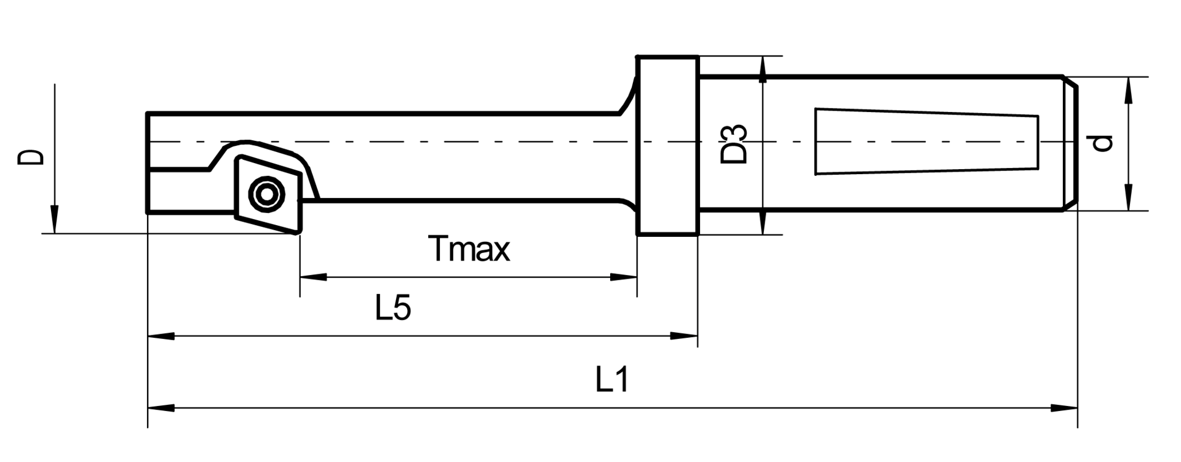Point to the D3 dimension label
pyautogui.click(x=734, y=144)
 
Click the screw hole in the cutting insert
pyautogui.click(x=266, y=194)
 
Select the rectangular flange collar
pyautogui.click(x=667, y=146)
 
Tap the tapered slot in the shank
pyautogui.click(x=926, y=141)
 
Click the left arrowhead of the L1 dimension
pyautogui.click(x=161, y=407)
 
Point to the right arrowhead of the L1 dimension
pyautogui.click(x=1064, y=407)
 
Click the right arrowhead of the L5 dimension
pyautogui.click(x=684, y=336)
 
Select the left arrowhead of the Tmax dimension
pyautogui.click(x=313, y=277)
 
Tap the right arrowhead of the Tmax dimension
pyautogui.click(x=623, y=277)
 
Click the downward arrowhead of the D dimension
pyautogui.click(x=54, y=220)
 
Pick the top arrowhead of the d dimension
pyautogui.click(x=1128, y=90)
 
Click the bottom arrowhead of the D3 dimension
pyautogui.click(x=763, y=221)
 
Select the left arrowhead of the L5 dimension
pyautogui.click(x=161, y=336)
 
